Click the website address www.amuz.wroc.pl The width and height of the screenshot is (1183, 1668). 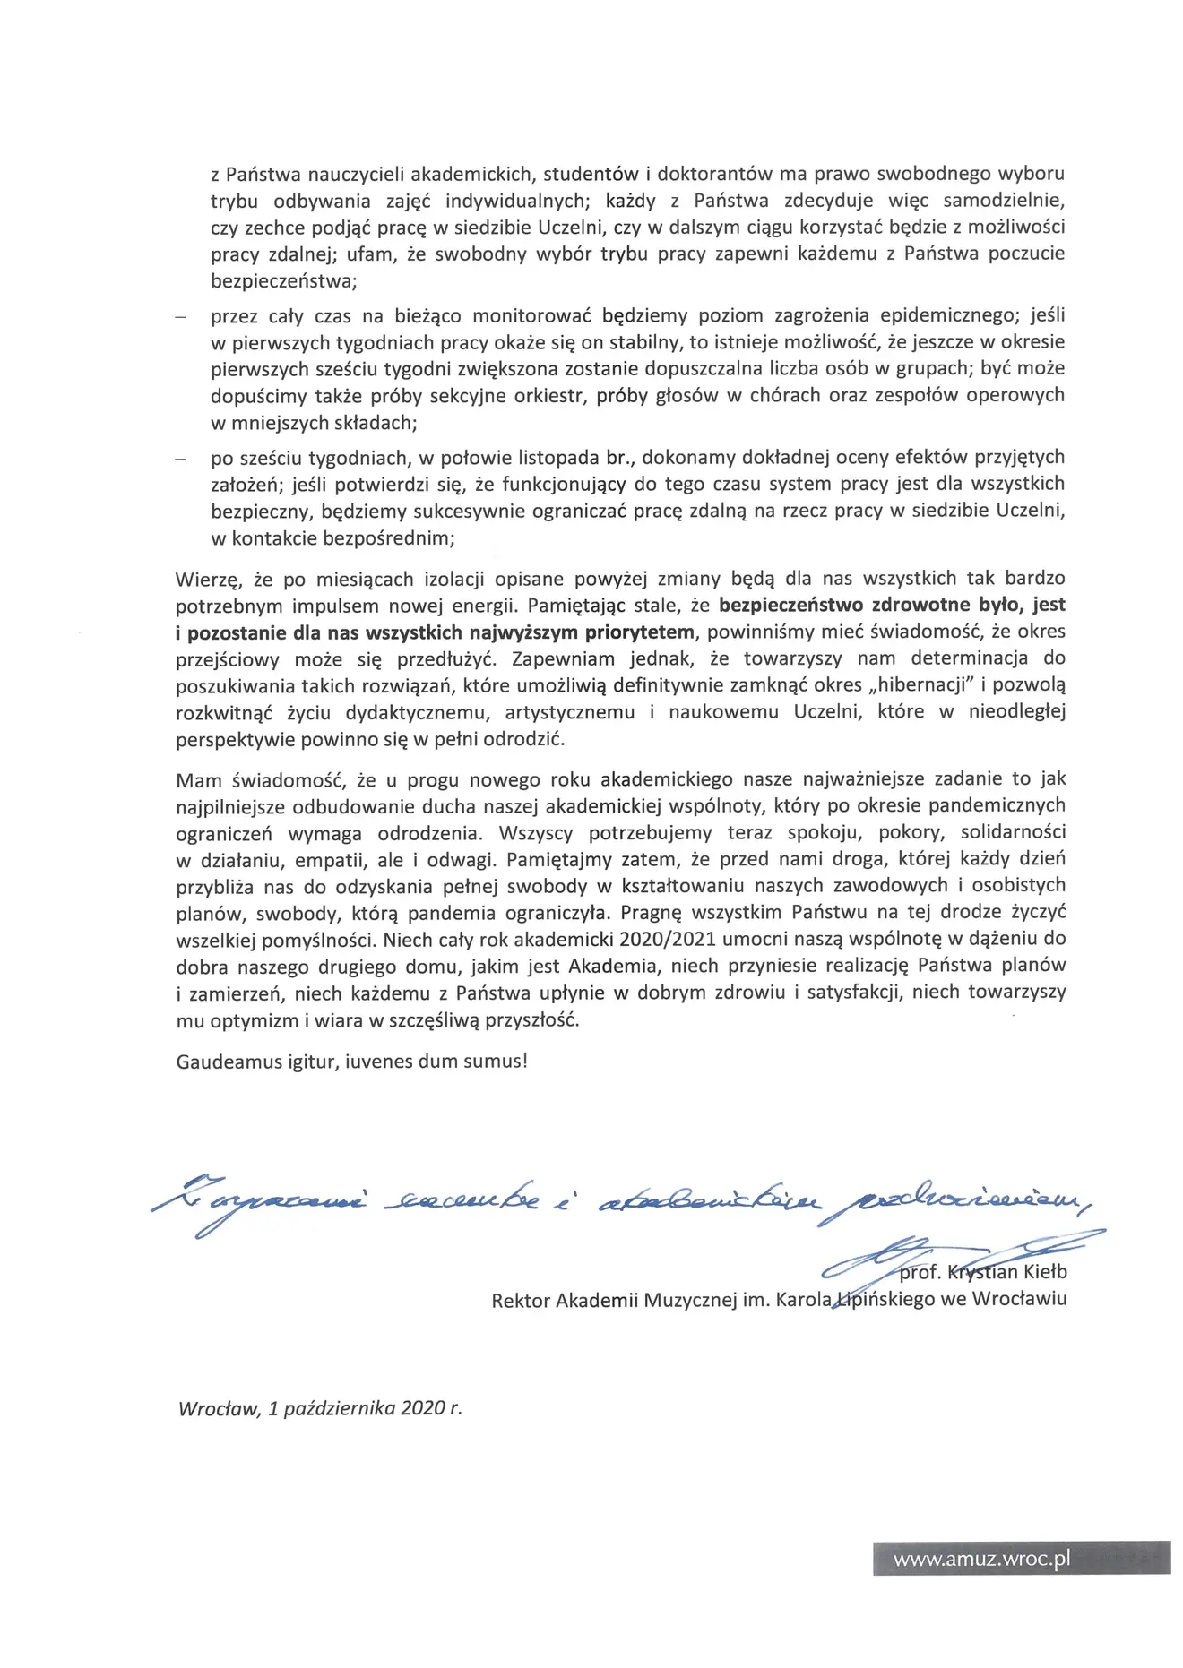981,1560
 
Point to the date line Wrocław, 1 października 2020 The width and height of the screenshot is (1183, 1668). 320,1408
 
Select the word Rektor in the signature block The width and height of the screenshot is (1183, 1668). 520,1300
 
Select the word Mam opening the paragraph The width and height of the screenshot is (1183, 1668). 198,779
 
